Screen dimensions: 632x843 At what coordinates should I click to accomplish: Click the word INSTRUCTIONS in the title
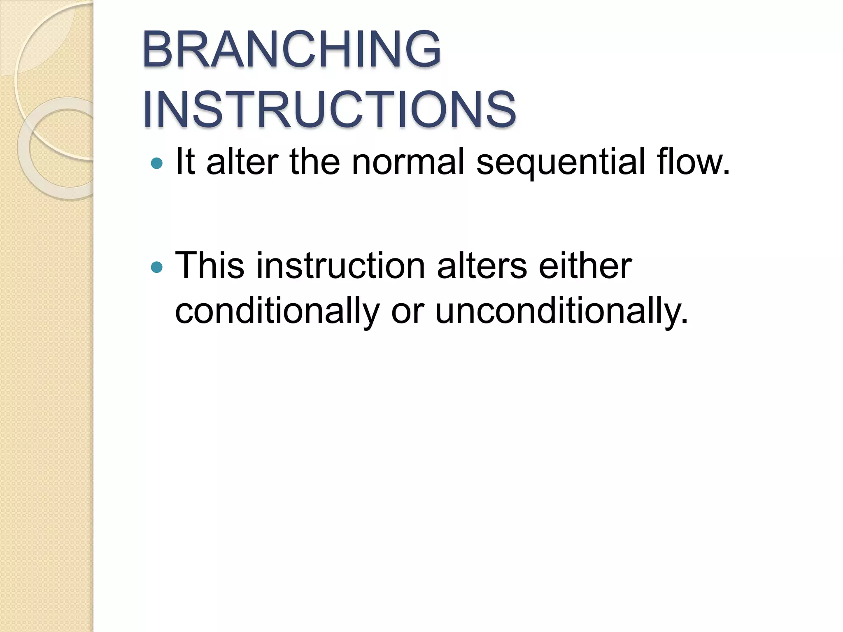tap(329, 110)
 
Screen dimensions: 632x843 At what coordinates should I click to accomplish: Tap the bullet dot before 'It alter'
tap(156, 163)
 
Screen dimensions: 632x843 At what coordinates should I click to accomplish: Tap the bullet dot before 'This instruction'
tap(156, 267)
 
